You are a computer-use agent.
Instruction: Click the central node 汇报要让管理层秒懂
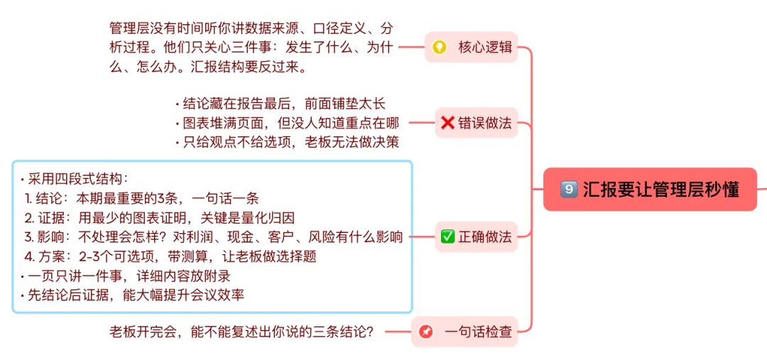click(x=650, y=190)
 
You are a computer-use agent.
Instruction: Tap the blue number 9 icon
click(x=568, y=190)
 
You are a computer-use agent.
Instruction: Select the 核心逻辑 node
click(x=471, y=48)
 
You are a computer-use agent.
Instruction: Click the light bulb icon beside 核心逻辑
click(x=440, y=48)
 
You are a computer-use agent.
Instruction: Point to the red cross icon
click(x=447, y=122)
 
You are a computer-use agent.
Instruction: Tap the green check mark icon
click(x=447, y=236)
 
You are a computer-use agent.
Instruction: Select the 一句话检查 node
click(x=464, y=332)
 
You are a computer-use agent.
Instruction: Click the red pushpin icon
click(x=426, y=332)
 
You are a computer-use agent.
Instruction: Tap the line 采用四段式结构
click(x=75, y=178)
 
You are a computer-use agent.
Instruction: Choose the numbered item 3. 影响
click(x=213, y=236)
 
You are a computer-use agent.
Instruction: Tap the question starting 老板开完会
click(x=241, y=332)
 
